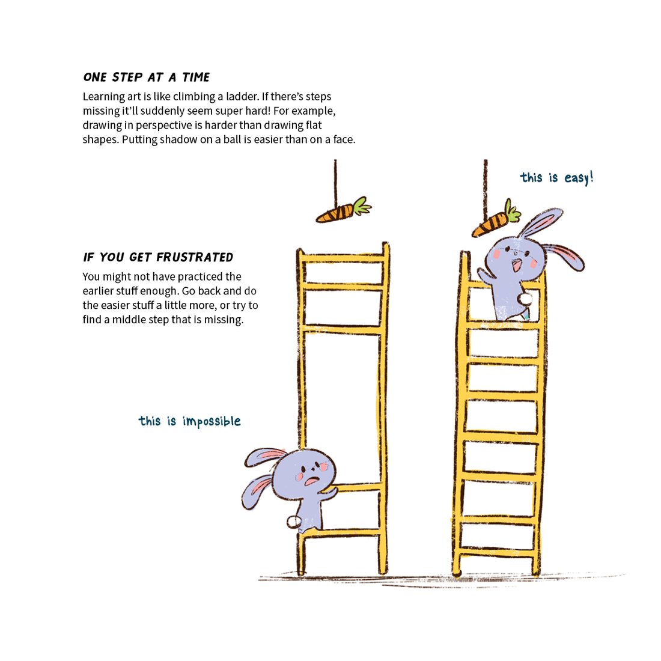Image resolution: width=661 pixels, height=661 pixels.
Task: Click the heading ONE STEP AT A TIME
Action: [146, 77]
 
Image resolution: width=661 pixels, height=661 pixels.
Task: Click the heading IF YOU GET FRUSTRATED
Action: [158, 257]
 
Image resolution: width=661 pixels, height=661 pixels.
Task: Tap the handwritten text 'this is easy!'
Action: [556, 178]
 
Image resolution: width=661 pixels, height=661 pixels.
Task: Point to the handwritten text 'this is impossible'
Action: [189, 421]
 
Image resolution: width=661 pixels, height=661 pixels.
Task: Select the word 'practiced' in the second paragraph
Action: [196, 277]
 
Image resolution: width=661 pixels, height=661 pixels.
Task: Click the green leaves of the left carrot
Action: [362, 205]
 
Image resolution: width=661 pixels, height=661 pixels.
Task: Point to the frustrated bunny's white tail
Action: [293, 521]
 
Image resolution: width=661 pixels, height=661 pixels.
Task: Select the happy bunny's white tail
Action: [526, 299]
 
